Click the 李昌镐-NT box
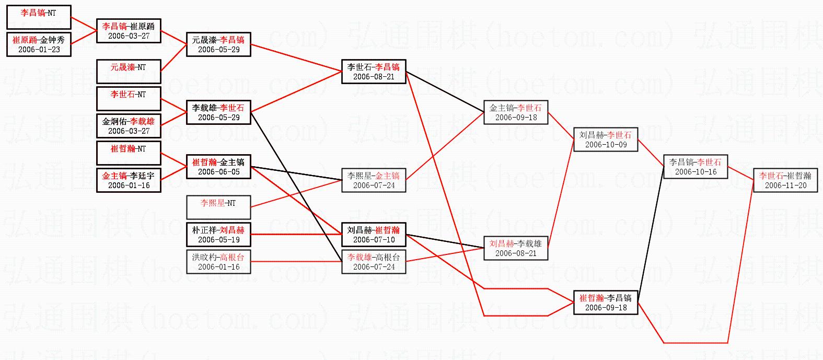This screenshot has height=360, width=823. [x=39, y=17]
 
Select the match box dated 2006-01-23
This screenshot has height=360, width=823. [x=39, y=44]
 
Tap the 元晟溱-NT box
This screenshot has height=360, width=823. [x=129, y=72]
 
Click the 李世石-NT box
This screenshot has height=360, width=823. [x=129, y=99]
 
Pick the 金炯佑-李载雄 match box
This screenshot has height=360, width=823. [x=129, y=126]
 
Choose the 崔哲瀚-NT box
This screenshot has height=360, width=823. [x=129, y=153]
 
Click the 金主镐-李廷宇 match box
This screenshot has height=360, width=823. [x=129, y=180]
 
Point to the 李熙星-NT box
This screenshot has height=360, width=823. [x=218, y=207]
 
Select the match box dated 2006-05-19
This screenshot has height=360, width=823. [x=218, y=235]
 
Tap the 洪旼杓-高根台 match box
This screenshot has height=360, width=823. [x=218, y=262]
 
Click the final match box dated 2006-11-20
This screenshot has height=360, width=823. [x=785, y=180]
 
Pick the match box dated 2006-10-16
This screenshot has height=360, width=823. [x=696, y=167]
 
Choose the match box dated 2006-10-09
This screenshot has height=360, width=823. [x=606, y=140]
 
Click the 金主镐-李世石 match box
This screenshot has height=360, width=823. [x=516, y=112]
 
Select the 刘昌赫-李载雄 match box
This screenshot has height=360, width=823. [x=516, y=248]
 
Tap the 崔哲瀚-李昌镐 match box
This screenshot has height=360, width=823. [x=606, y=303]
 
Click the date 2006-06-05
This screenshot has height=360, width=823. [x=218, y=172]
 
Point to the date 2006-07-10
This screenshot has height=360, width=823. [x=374, y=240]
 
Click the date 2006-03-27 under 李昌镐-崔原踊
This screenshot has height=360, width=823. [x=129, y=36]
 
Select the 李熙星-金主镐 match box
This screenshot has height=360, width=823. [x=374, y=180]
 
